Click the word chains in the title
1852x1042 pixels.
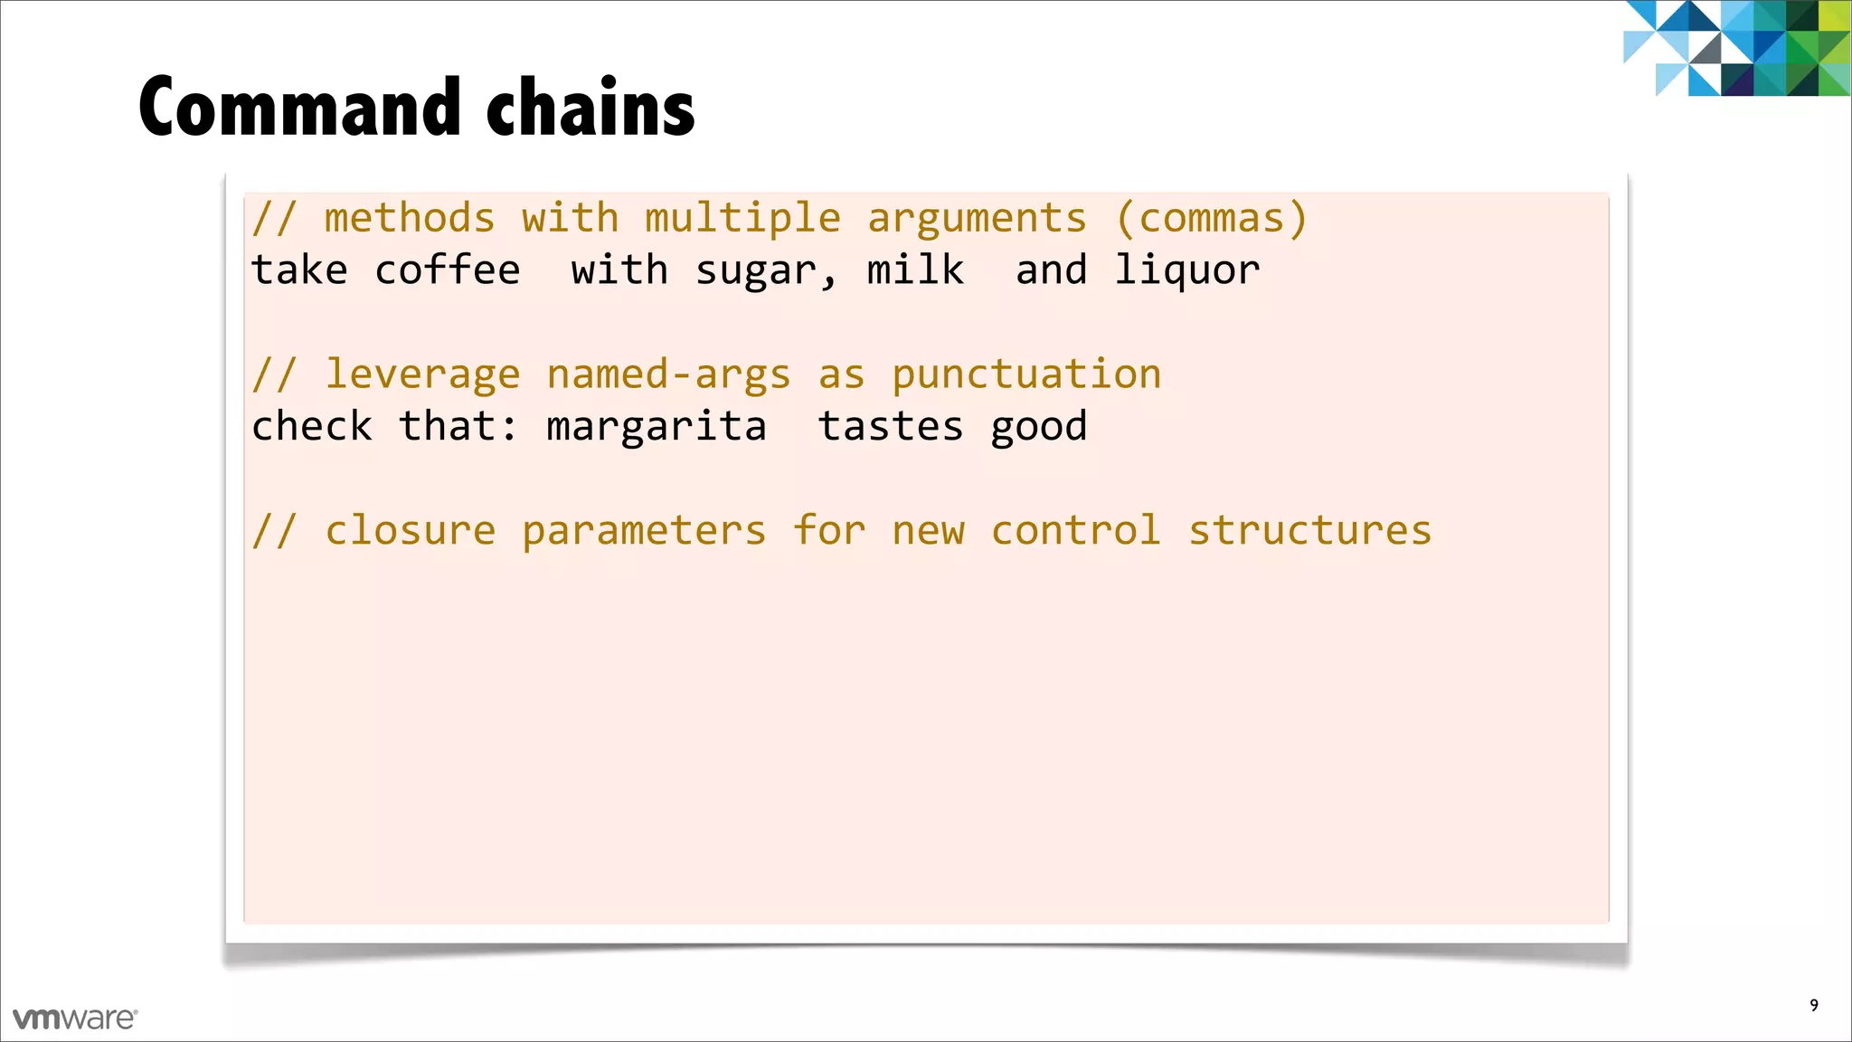click(x=591, y=108)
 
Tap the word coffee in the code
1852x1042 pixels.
click(x=448, y=270)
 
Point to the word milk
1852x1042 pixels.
click(x=915, y=270)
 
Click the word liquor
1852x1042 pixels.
click(x=1186, y=270)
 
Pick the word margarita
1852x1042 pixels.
click(x=657, y=426)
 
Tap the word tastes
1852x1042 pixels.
click(x=891, y=426)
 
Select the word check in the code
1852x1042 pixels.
click(x=312, y=426)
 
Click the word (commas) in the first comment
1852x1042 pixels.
click(x=1212, y=219)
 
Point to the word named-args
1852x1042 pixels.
click(x=668, y=374)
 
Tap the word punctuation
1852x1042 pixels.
click(x=1026, y=374)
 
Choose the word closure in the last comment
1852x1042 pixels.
click(x=411, y=530)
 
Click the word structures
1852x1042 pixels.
click(x=1310, y=530)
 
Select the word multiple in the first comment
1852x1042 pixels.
click(x=742, y=219)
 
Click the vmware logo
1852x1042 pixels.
click(x=75, y=1018)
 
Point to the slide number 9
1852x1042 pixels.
click(x=1814, y=1005)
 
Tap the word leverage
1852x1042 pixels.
click(x=422, y=374)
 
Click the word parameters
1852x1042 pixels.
click(x=644, y=530)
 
